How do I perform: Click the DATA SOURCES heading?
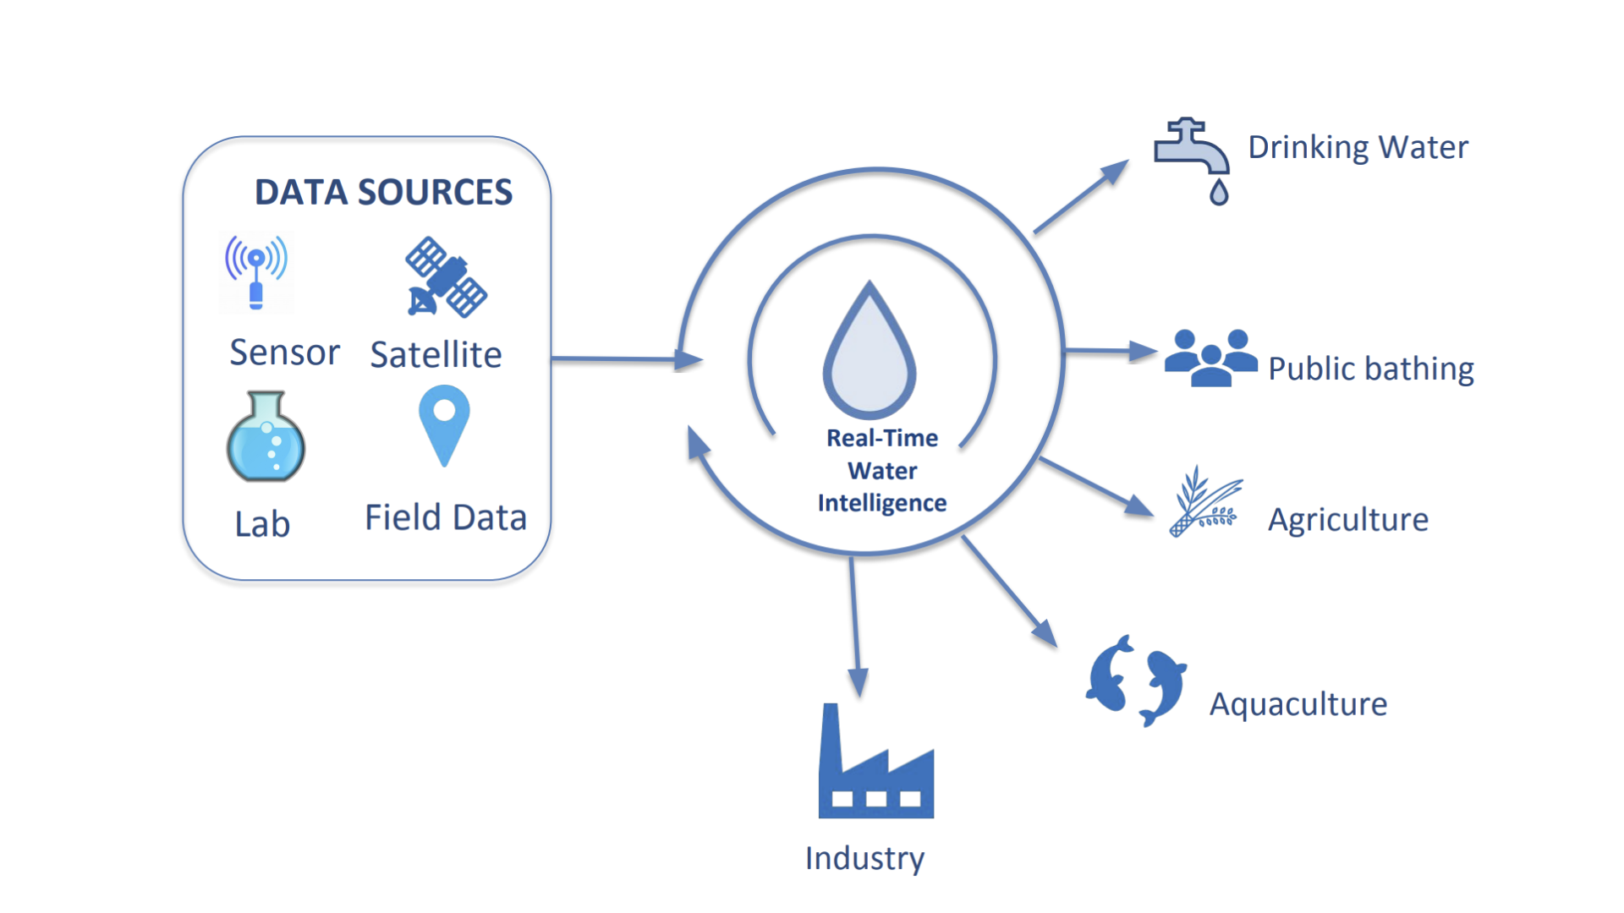[x=383, y=193]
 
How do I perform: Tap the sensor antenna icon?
[x=256, y=271]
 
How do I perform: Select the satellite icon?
[x=446, y=277]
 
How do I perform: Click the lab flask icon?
[x=266, y=437]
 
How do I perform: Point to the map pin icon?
[x=444, y=424]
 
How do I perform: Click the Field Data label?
[x=446, y=517]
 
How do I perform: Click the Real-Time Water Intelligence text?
[x=882, y=470]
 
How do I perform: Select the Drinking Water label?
[x=1358, y=147]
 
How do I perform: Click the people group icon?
[x=1210, y=358]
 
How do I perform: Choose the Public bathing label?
[x=1370, y=369]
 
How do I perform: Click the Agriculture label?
[x=1347, y=519]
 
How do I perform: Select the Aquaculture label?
[x=1298, y=703]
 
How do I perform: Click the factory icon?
[x=875, y=765]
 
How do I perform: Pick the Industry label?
[x=864, y=858]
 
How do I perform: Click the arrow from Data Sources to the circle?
[x=626, y=359]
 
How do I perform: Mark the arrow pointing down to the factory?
[x=855, y=626]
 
